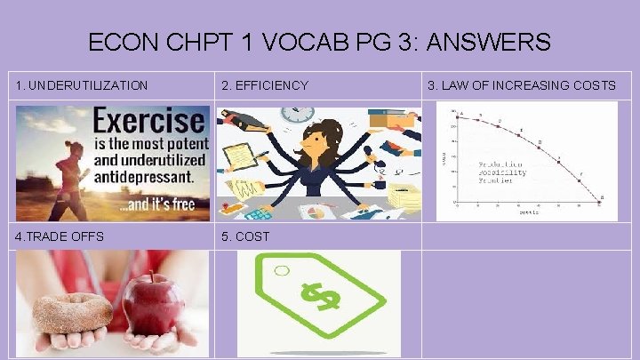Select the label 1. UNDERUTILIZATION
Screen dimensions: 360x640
point(82,85)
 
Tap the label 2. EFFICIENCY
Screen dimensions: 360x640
point(265,85)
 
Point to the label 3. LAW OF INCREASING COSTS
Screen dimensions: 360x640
point(521,85)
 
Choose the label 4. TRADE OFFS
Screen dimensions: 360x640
point(60,236)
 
